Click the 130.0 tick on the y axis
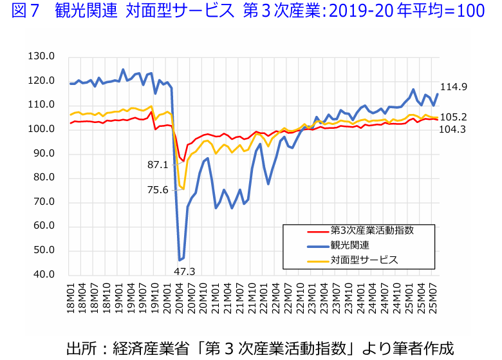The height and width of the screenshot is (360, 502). [42, 57]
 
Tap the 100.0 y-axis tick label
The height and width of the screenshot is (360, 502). [42, 129]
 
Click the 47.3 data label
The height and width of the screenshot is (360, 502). [185, 271]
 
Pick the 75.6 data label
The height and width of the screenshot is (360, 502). [158, 189]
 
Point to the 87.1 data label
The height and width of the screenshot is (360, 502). [158, 165]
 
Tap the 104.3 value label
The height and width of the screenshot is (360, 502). [453, 129]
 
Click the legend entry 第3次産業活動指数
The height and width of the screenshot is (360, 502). [372, 230]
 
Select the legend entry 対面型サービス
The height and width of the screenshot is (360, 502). [364, 260]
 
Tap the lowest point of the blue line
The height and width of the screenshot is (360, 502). [180, 260]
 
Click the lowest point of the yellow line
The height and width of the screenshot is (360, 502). [183, 189]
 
